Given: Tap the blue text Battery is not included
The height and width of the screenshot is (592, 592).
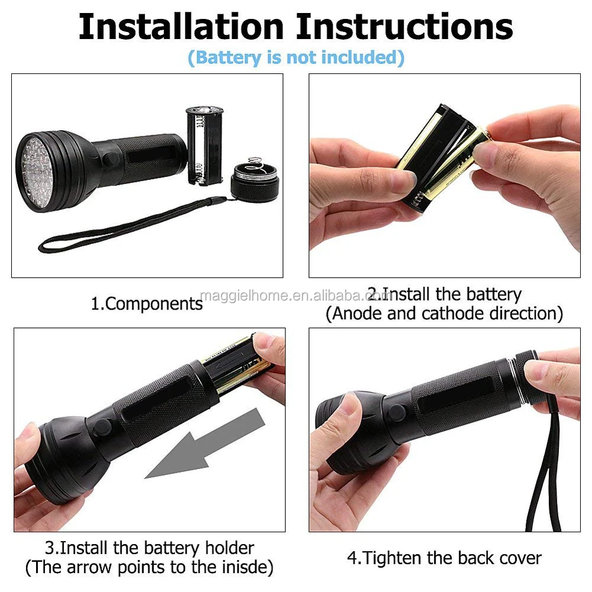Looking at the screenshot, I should (x=296, y=57).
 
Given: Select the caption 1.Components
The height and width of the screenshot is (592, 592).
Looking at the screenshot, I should (x=146, y=304).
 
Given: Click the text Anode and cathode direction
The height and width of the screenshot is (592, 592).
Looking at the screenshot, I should (x=444, y=314).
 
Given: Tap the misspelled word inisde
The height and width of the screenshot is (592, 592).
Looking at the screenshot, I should (x=245, y=568).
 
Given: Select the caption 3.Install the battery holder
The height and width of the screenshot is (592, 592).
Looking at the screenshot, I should (x=149, y=548).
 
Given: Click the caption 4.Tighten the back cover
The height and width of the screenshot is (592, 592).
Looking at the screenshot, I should (x=444, y=558).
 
